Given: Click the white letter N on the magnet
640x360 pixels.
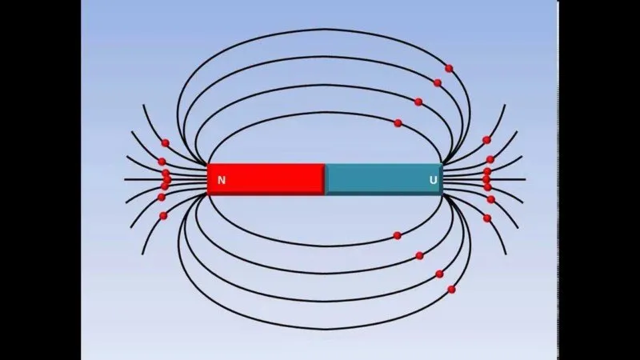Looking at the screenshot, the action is pos(222,180).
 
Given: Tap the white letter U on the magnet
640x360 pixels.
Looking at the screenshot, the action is pos(434,180).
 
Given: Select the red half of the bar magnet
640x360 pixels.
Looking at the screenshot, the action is pos(266,179).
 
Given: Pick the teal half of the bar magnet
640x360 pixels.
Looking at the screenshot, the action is pos(384,179).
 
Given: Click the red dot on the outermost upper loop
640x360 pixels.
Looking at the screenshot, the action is pos(449,68).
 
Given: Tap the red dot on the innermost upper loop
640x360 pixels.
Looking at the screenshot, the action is pos(398,123).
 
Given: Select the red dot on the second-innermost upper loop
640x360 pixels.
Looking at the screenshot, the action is pos(418,102).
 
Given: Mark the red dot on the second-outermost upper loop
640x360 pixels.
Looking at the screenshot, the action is pos(438,83).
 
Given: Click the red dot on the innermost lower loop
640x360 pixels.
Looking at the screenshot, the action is pos(397,235).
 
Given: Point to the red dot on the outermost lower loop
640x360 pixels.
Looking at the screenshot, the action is pos(451,290).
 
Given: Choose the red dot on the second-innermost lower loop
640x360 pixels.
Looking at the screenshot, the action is pos(419,255).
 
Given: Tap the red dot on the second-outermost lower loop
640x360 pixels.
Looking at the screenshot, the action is pos(439,274).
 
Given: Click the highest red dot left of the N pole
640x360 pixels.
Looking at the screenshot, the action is pos(166,143).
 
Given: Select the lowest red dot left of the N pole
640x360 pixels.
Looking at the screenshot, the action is pos(163,215).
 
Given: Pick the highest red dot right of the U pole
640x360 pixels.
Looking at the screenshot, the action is pos(486,140).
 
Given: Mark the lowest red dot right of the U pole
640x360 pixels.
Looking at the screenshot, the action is pos(487,218).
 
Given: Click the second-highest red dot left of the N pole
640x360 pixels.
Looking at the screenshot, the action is pos(162,162).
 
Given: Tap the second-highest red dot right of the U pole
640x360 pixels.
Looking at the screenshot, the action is pos(490,159).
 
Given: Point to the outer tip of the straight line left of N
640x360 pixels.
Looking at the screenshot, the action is pos(125,179).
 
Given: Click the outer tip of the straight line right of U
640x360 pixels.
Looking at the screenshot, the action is pos(526,179).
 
